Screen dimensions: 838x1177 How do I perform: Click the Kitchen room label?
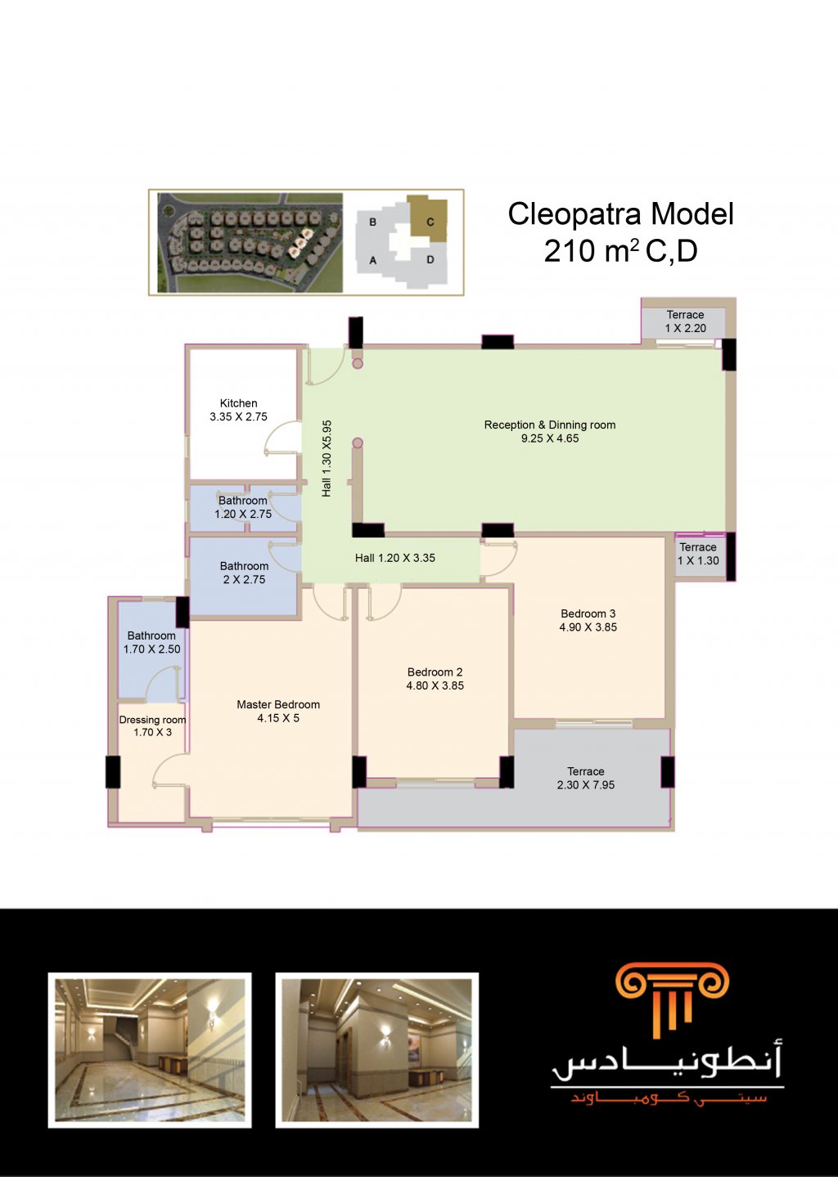pos(239,403)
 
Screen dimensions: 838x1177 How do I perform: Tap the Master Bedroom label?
pos(278,704)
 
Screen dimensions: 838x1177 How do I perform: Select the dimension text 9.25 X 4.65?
pos(550,438)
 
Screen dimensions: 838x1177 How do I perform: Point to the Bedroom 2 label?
pos(435,672)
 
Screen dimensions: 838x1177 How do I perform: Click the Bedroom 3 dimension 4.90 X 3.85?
pos(588,627)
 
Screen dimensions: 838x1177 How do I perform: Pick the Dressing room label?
pos(152,720)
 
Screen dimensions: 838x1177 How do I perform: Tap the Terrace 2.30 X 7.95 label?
pos(586,778)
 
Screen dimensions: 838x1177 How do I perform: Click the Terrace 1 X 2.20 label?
pos(686,321)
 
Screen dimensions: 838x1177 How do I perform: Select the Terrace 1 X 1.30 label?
pos(698,554)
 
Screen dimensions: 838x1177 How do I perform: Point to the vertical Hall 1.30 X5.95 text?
pos(327,458)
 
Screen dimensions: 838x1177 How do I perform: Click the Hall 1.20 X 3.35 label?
pos(394,558)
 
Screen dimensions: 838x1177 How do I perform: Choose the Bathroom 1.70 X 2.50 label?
pos(151,642)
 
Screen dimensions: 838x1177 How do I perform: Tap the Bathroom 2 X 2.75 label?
pos(244,573)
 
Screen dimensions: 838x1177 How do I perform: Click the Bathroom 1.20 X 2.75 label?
pos(243,507)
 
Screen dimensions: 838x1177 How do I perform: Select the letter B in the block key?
pos(372,222)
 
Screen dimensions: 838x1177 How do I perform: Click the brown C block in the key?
pos(429,219)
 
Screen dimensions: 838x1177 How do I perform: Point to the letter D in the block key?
pos(430,259)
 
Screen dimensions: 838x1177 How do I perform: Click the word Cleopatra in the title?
pos(574,214)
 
